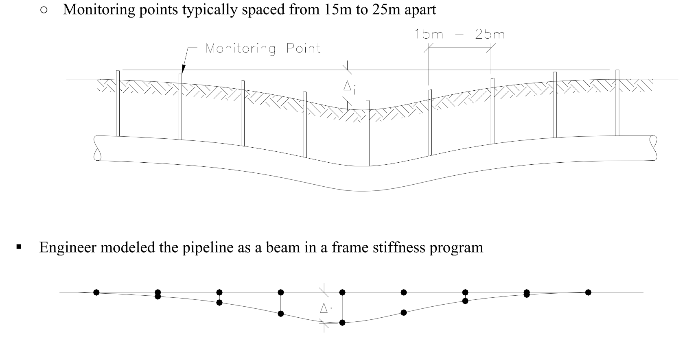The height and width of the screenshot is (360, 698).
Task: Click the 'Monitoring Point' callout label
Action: pos(263,49)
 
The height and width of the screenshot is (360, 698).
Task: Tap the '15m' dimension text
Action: pos(429,34)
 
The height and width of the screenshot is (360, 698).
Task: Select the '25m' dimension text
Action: pos(490,34)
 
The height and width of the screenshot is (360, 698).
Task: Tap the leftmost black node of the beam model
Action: pos(96,292)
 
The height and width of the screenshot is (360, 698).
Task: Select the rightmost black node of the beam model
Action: pos(588,292)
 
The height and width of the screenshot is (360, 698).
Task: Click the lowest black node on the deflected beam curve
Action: pos(342,323)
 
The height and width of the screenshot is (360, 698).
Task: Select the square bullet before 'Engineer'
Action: pos(19,247)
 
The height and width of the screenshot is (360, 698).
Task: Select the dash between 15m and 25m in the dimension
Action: pos(459,34)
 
